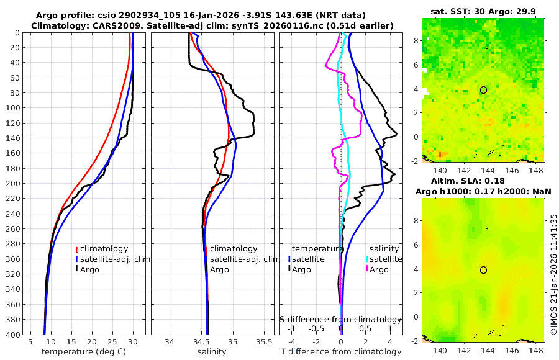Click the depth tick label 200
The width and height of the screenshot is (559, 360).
point(13,184)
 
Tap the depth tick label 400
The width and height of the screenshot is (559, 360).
point(13,335)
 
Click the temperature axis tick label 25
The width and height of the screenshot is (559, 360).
point(112,341)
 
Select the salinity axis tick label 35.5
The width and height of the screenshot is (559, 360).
point(264,341)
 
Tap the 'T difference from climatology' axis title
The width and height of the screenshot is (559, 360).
point(341,352)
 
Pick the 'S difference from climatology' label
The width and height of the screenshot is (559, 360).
point(341,319)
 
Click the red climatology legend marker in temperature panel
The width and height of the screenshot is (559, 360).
point(77,249)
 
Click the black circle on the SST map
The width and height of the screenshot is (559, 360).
point(483,90)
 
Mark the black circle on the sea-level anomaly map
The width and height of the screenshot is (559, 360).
point(483,270)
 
